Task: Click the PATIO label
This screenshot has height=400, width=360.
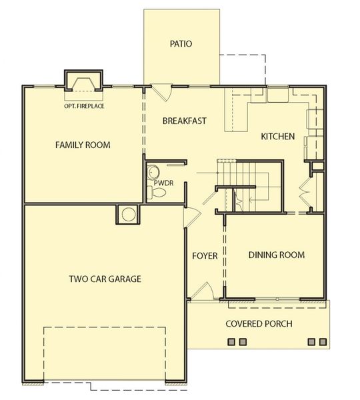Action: pyautogui.click(x=180, y=45)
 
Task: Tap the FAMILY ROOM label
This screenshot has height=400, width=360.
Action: pyautogui.click(x=83, y=145)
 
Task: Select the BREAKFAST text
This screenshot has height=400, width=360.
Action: pyautogui.click(x=185, y=121)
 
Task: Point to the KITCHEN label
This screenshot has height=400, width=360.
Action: pyautogui.click(x=277, y=137)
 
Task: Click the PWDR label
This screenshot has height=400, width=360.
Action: pyautogui.click(x=163, y=181)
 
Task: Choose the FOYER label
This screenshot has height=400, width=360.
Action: pyautogui.click(x=205, y=255)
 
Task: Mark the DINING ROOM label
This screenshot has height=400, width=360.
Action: pyautogui.click(x=277, y=255)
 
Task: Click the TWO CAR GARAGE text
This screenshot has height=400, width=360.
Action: pyautogui.click(x=105, y=279)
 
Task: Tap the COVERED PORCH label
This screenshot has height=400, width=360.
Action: pyautogui.click(x=259, y=324)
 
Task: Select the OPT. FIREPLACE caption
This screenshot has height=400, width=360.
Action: pyautogui.click(x=83, y=105)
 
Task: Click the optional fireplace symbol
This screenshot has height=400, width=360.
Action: pyautogui.click(x=83, y=83)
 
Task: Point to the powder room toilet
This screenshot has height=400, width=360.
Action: pyautogui.click(x=158, y=193)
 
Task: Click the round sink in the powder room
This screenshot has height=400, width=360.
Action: pyautogui.click(x=153, y=171)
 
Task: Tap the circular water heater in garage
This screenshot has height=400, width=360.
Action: pyautogui.click(x=127, y=214)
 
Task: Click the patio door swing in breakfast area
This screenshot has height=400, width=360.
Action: pyautogui.click(x=161, y=93)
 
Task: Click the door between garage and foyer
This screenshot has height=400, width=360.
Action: pyautogui.click(x=189, y=217)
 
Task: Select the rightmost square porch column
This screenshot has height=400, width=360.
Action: pyautogui.click(x=323, y=342)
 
